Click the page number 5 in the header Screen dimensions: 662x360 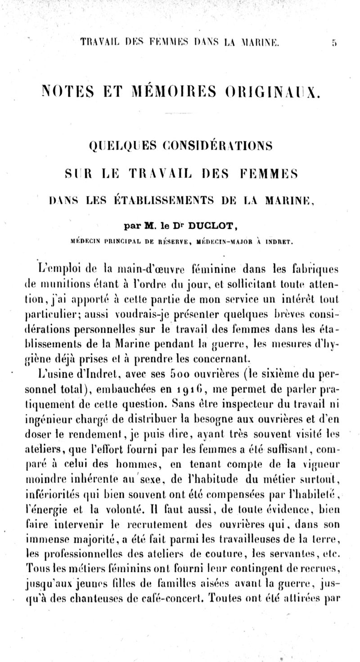click(333, 43)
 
